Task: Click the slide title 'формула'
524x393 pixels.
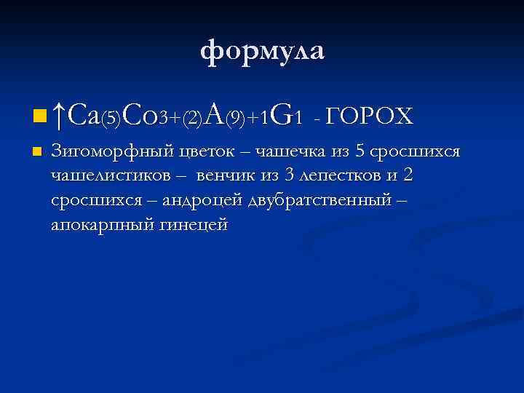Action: tap(262, 52)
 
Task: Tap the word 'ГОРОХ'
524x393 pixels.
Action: tap(370, 115)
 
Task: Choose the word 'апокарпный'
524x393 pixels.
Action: tap(98, 224)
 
